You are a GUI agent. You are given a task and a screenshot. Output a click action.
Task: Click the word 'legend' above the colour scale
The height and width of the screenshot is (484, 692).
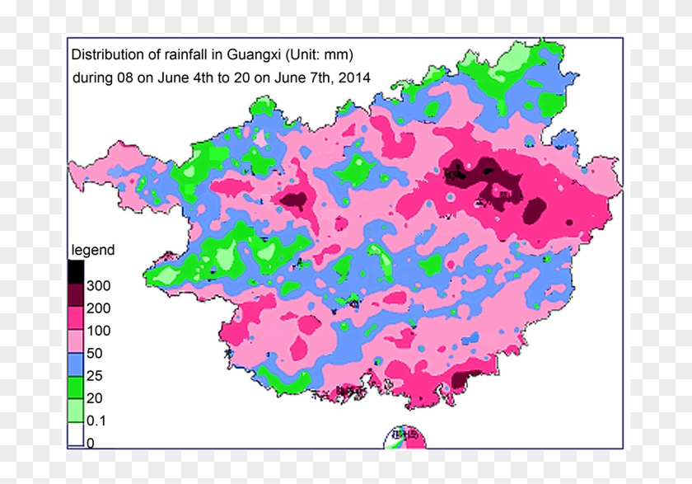tap(93, 250)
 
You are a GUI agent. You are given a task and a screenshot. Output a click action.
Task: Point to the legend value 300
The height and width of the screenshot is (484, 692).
tap(97, 286)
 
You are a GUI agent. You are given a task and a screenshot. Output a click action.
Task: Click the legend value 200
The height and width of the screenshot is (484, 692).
tap(97, 308)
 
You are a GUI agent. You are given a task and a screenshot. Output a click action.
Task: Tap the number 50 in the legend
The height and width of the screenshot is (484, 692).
tap(94, 353)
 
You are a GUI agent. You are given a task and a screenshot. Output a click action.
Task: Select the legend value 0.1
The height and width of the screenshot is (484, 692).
tap(96, 421)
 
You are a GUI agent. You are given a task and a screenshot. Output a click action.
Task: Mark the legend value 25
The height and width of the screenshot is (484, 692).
tap(94, 375)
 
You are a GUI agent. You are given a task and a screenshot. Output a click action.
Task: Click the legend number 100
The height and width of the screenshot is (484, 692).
tap(97, 331)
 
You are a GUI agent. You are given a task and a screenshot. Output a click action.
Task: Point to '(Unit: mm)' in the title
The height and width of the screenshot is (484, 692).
tap(320, 55)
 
